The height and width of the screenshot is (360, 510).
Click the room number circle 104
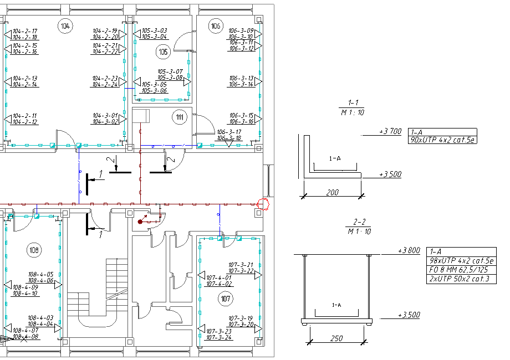pyautogui.click(x=65, y=26)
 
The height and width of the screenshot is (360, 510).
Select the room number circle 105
pyautogui.click(x=163, y=53)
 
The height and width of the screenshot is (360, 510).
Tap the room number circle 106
pyautogui.click(x=216, y=25)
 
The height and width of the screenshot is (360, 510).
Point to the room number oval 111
pyautogui.click(x=180, y=117)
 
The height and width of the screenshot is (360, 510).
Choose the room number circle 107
pyautogui.click(x=225, y=300)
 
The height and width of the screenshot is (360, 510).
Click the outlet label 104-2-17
pyautogui.click(x=25, y=31)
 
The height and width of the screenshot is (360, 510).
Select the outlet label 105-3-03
pyautogui.click(x=154, y=30)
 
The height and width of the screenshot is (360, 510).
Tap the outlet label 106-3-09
pyautogui.click(x=241, y=30)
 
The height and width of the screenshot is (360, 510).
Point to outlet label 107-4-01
pyautogui.click(x=220, y=277)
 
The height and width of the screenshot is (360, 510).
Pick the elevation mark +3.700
pyautogui.click(x=390, y=131)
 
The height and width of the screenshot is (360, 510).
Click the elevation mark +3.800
pyautogui.click(x=409, y=250)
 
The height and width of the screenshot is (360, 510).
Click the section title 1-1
pyautogui.click(x=354, y=103)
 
